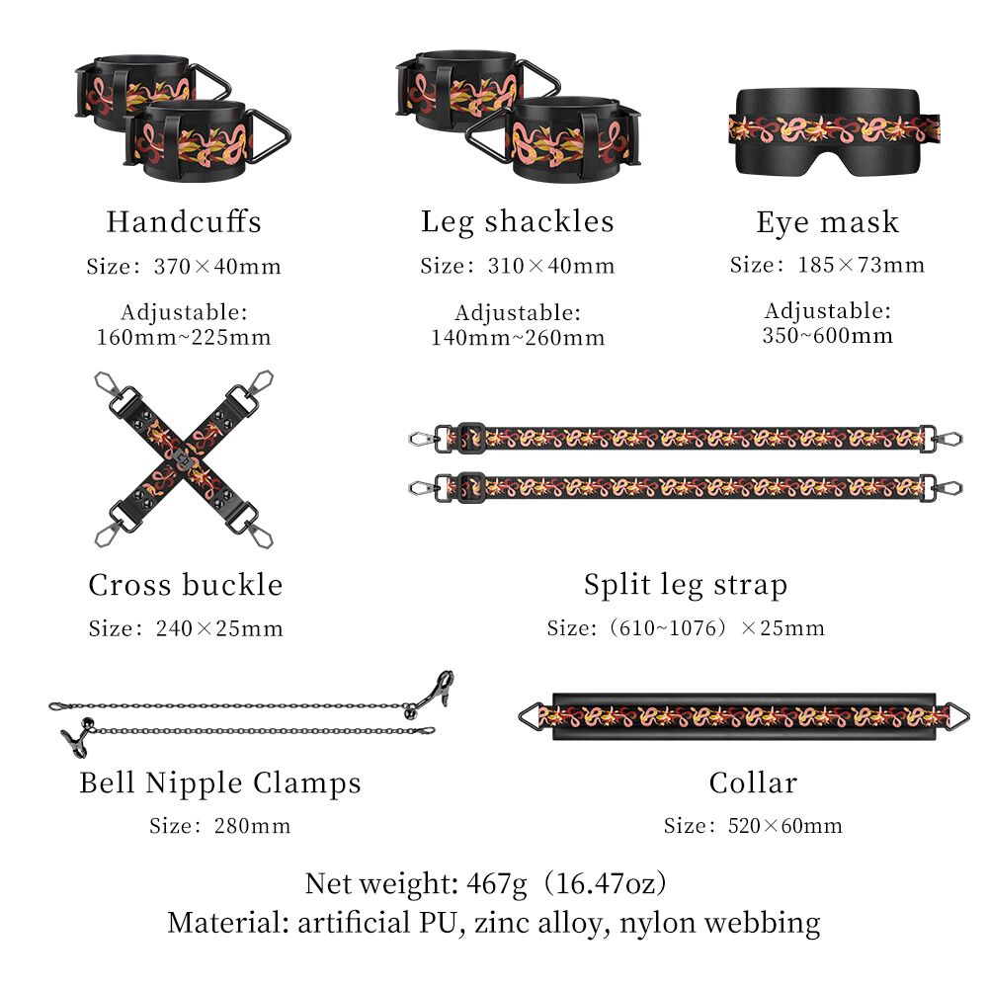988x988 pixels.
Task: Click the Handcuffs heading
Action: click(x=184, y=221)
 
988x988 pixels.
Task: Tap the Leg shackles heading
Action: click(x=518, y=222)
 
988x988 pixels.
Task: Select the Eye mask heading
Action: click(x=827, y=222)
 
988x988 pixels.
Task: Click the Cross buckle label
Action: click(x=186, y=585)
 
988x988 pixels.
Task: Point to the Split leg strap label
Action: click(x=686, y=585)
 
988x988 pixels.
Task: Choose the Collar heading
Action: click(x=753, y=783)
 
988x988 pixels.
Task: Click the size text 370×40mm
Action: click(x=217, y=267)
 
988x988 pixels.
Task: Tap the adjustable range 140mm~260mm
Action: click(x=518, y=338)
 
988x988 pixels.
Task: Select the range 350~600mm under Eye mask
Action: click(x=827, y=335)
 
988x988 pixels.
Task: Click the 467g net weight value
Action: click(x=497, y=884)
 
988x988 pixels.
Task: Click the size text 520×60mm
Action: click(x=784, y=825)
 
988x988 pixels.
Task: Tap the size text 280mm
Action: click(x=252, y=825)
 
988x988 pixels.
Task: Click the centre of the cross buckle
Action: click(x=183, y=458)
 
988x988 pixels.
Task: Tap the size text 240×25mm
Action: click(x=219, y=628)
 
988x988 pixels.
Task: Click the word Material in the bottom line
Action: click(x=227, y=923)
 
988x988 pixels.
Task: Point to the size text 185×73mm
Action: click(x=862, y=265)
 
